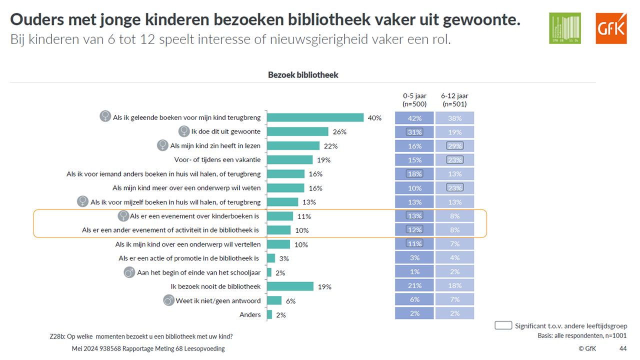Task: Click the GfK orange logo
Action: [611, 28]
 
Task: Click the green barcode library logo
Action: [565, 28]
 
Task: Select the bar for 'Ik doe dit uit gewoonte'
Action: [297, 131]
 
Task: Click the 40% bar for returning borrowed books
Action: [315, 117]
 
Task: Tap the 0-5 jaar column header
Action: [414, 100]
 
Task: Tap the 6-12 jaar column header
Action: [454, 100]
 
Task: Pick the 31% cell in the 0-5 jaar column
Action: [414, 132]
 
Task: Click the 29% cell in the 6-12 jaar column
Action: [454, 146]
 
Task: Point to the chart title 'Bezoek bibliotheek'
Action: [303, 75]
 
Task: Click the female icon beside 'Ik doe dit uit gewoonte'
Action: [184, 131]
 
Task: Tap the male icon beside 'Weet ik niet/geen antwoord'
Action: [169, 300]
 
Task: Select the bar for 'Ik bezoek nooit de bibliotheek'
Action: [290, 286]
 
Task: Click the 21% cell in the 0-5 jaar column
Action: [414, 285]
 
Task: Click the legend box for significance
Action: [502, 325]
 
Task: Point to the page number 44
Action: [623, 348]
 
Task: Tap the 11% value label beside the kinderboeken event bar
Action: [304, 216]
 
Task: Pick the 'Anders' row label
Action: [250, 314]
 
